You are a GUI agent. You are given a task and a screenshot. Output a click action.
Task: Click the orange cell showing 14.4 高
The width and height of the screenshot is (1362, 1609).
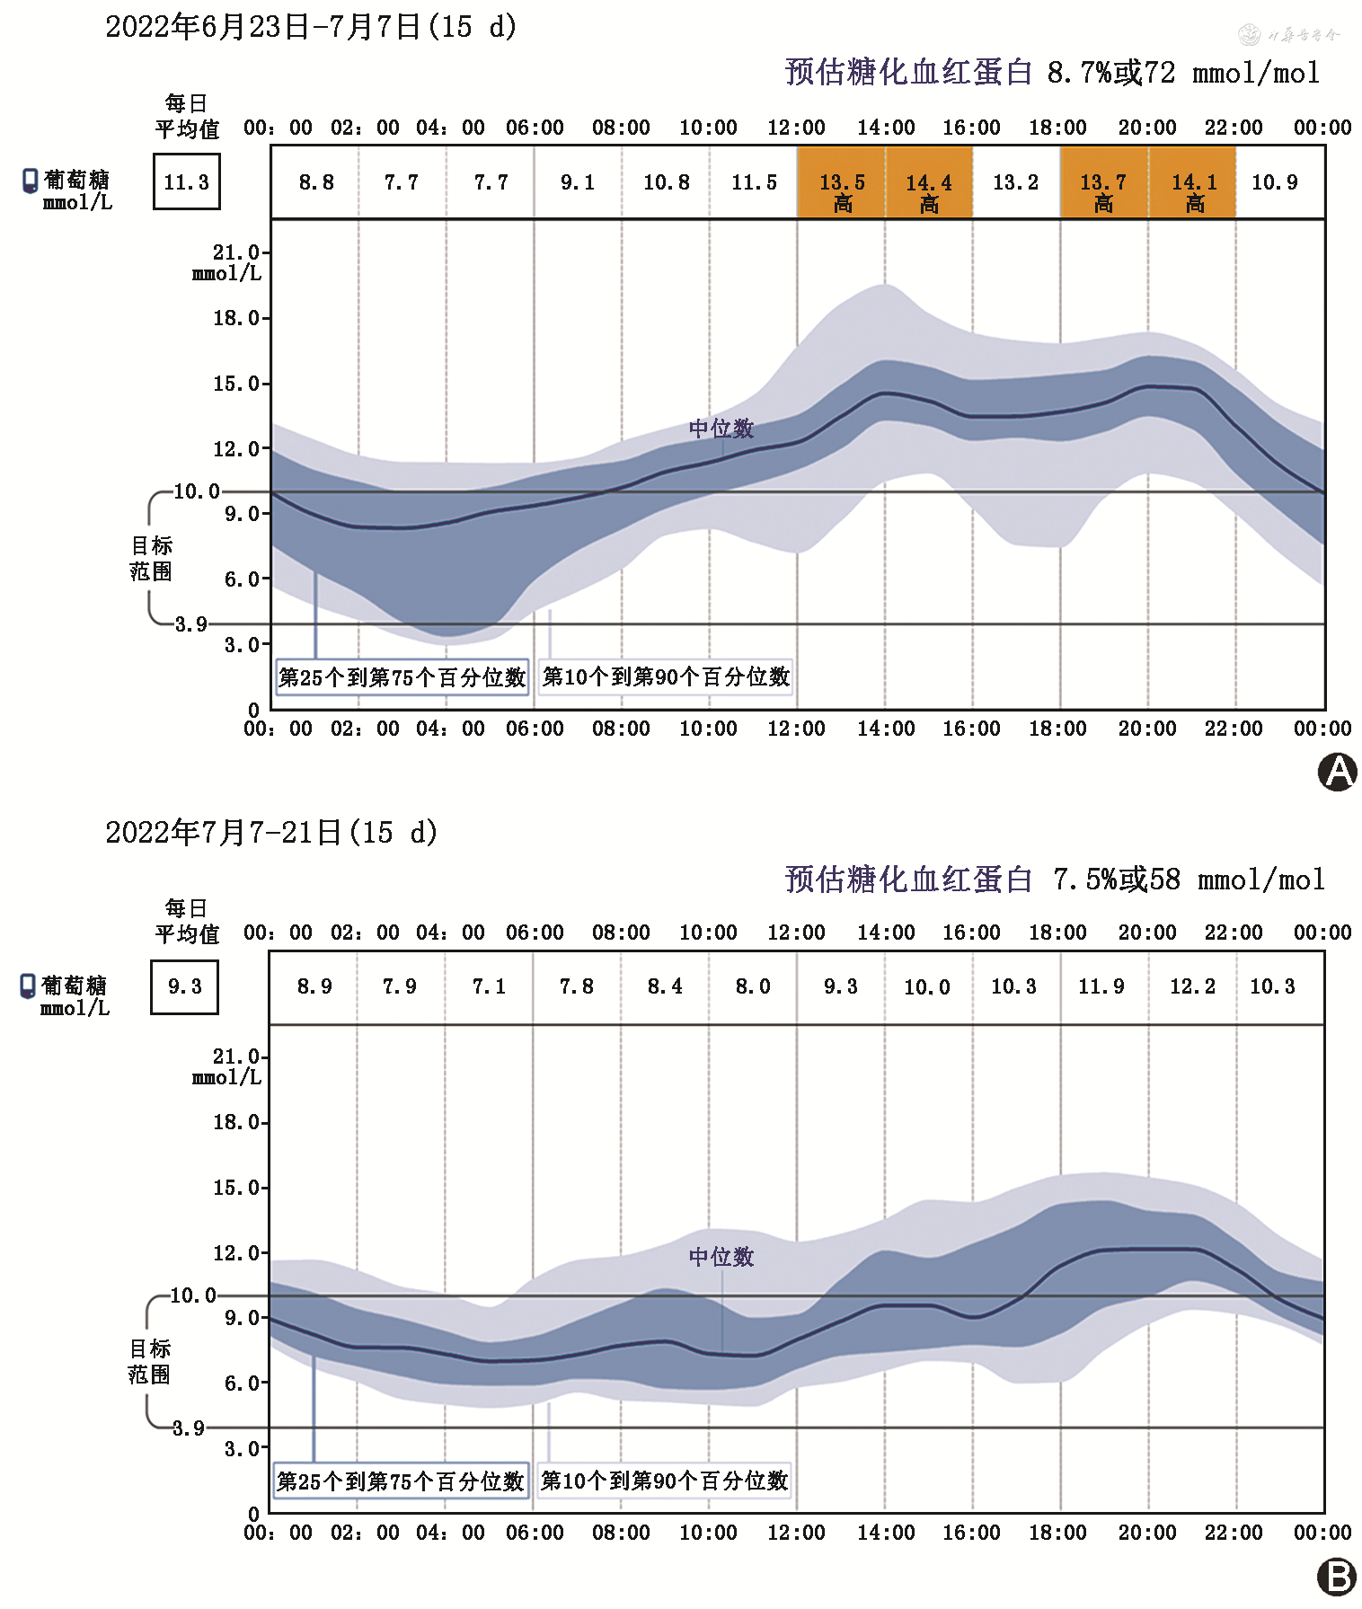pyautogui.click(x=929, y=183)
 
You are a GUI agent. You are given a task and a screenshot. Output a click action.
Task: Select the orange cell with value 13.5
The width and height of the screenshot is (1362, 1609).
pyautogui.click(x=842, y=183)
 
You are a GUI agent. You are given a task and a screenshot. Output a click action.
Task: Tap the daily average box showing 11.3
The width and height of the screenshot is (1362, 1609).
pyautogui.click(x=187, y=182)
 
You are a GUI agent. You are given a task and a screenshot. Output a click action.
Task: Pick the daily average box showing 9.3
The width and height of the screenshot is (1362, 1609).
pyautogui.click(x=185, y=986)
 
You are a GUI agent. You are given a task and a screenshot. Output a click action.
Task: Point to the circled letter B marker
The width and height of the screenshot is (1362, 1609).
pyautogui.click(x=1337, y=1577)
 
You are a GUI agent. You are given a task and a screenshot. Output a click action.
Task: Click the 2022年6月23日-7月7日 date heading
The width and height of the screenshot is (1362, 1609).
pyautogui.click(x=311, y=27)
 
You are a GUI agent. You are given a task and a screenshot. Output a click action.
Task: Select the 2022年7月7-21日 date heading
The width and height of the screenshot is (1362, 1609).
pyautogui.click(x=271, y=833)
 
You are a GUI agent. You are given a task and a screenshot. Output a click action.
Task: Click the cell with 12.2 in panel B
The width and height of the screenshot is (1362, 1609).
pyautogui.click(x=1192, y=986)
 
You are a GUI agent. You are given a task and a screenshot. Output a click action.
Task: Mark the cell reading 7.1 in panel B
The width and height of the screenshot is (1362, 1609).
pyautogui.click(x=490, y=986)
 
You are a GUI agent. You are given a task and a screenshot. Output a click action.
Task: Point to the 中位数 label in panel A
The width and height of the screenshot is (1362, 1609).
pyautogui.click(x=721, y=429)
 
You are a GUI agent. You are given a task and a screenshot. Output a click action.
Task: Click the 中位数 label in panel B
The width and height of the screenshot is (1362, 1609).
pyautogui.click(x=721, y=1257)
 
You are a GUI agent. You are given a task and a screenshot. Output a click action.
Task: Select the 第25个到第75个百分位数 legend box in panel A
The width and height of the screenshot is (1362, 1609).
pyautogui.click(x=402, y=676)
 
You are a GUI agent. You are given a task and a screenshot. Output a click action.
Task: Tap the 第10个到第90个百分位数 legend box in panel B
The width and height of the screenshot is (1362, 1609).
pyautogui.click(x=665, y=1481)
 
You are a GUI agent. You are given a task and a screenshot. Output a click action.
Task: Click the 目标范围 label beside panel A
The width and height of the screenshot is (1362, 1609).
pyautogui.click(x=151, y=558)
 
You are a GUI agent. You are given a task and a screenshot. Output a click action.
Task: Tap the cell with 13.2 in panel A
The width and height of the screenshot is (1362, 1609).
pyautogui.click(x=1015, y=182)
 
